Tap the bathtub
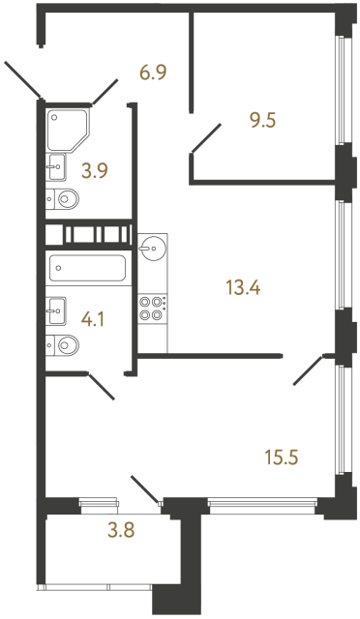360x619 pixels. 88,268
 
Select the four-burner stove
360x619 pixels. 152,307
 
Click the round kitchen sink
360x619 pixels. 151,249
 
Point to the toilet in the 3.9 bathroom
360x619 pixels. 63,200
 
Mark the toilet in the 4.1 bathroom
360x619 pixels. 63,343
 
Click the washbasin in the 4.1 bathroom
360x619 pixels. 55,311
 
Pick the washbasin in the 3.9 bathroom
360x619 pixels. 55,168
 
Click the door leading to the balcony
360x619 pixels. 145,491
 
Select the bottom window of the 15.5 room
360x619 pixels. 264,502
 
